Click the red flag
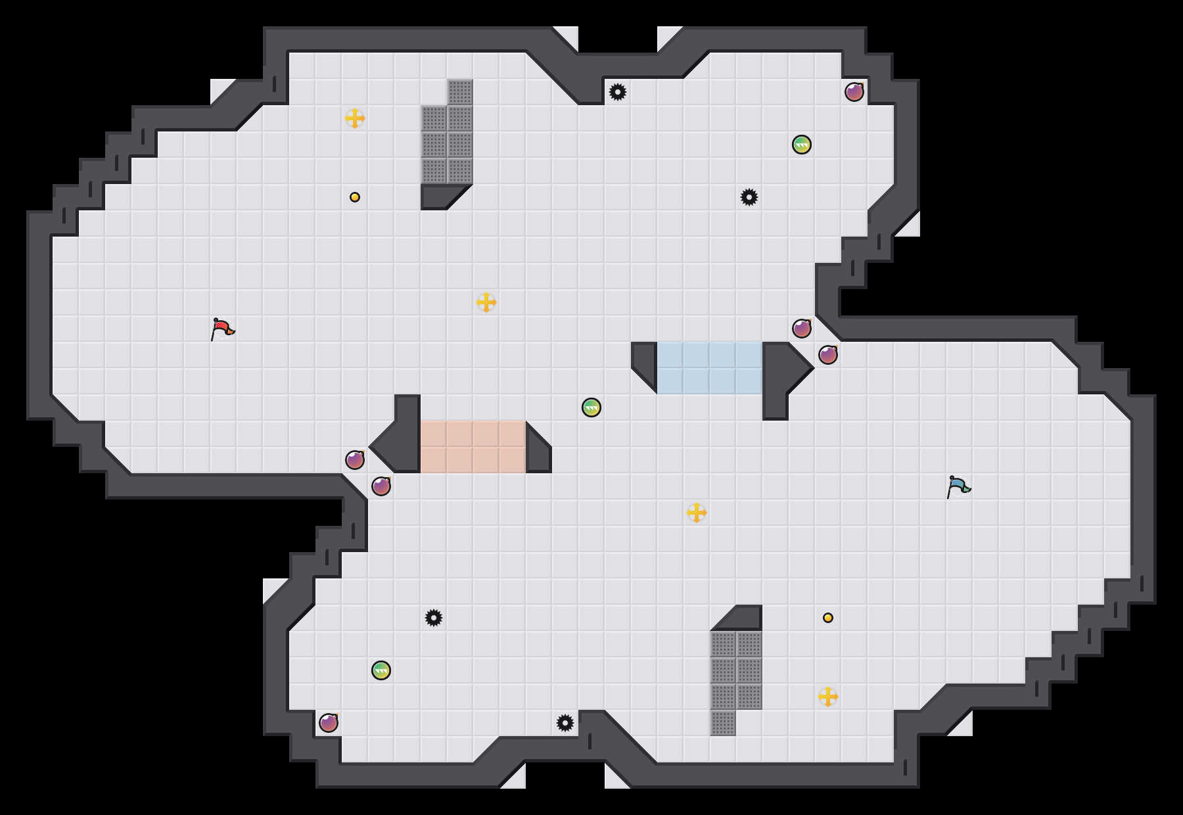[222, 329]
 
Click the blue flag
[958, 486]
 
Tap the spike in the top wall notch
[618, 92]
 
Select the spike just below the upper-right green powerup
[749, 197]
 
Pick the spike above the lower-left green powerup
[434, 618]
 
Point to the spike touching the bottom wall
[565, 723]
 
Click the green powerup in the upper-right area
[802, 145]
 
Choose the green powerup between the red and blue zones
[591, 407]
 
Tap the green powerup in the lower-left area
[381, 670]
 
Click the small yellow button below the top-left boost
[355, 197]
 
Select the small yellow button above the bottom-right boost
[828, 618]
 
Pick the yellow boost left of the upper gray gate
[355, 118]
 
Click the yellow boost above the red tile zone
[486, 302]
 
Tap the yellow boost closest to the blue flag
[697, 513]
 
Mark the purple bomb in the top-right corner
[854, 92]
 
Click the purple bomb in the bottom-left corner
[329, 723]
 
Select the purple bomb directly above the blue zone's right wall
[802, 329]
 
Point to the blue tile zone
[710, 368]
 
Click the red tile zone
[473, 447]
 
